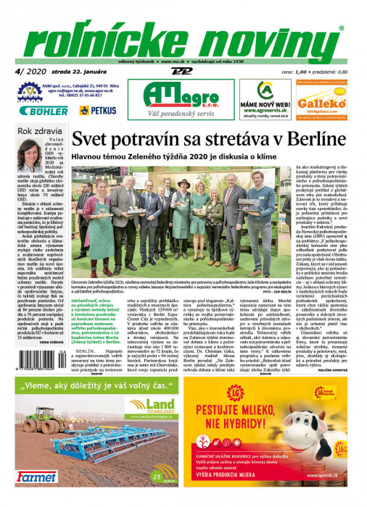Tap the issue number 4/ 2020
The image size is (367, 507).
click(24, 71)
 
